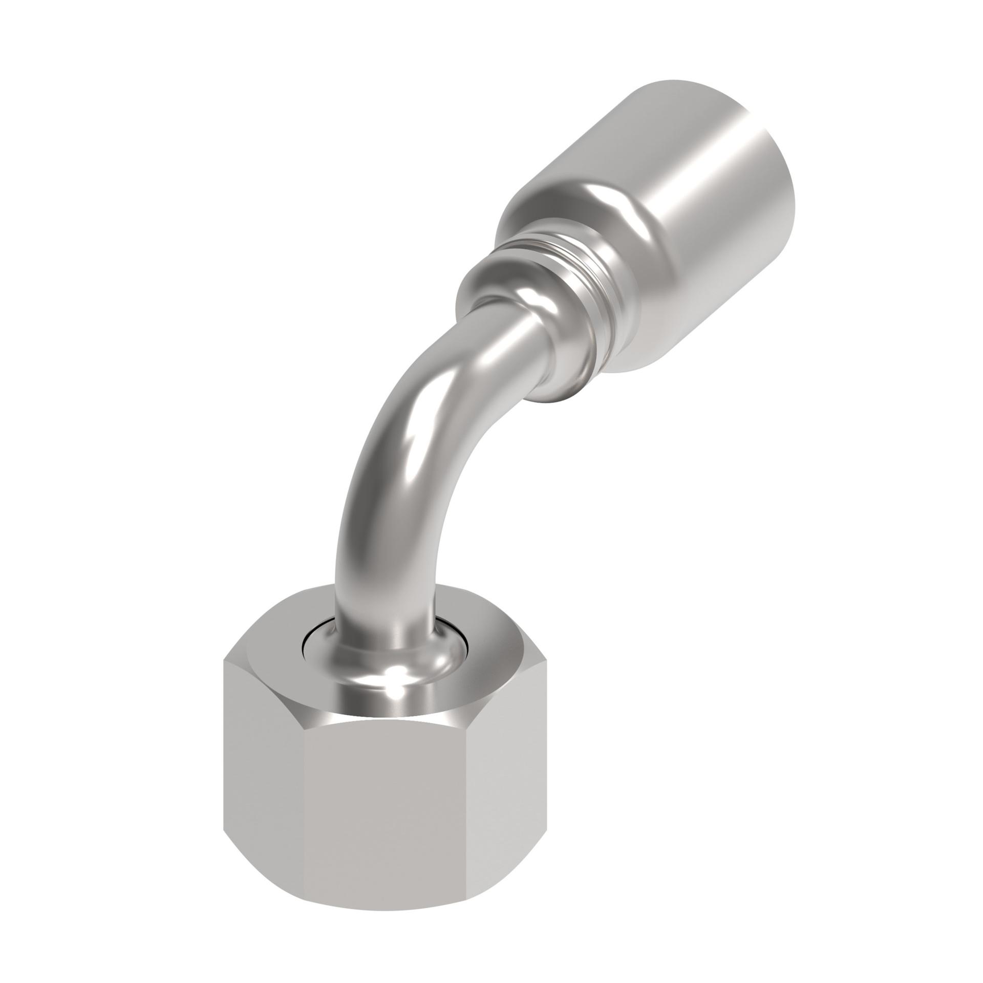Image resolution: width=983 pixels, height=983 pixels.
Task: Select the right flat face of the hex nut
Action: [494, 799]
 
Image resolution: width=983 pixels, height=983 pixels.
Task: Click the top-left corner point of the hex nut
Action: [225, 660]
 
